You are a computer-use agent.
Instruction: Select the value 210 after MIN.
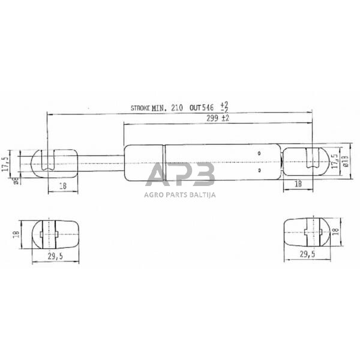[176, 109]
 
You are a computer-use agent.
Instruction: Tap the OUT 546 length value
[201, 109]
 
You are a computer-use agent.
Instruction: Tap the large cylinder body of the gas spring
[204, 162]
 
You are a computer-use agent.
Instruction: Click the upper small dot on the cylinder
[259, 154]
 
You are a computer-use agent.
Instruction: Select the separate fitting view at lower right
[306, 232]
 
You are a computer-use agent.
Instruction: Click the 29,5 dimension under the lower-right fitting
[308, 254]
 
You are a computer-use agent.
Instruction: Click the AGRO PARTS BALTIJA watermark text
[180, 194]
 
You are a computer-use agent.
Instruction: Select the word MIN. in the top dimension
[159, 109]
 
